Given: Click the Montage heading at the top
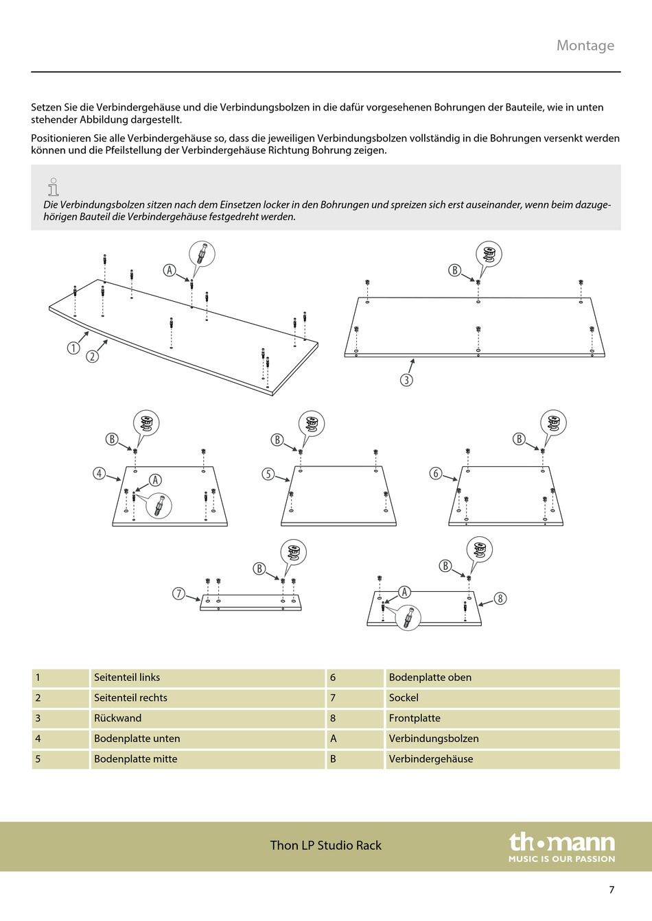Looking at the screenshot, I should coord(585,45).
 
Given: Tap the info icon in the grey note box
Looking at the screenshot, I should coord(53,186).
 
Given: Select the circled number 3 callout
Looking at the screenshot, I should coord(406,380).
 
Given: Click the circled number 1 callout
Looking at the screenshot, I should coord(73,348).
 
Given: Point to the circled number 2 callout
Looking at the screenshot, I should coord(92,357).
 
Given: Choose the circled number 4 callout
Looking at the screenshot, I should coord(100,473).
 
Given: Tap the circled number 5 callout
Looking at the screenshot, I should coord(268,474).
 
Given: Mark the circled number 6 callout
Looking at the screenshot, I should coord(436,473).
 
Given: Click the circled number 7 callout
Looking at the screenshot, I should coord(179,594).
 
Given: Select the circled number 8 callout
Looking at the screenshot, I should coord(500,599).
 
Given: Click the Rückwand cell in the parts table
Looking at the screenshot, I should coord(117,718).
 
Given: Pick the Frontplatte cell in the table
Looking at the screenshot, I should coord(415,718).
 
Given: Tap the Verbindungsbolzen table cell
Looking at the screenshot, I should coord(434,739).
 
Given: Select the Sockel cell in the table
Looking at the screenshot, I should coord(404,697).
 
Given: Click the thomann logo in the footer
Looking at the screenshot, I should coord(561,847).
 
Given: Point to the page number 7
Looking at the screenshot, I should coord(612,890).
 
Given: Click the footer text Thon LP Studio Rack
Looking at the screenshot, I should coord(325,846).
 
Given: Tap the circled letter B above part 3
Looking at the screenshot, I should coord(454,270).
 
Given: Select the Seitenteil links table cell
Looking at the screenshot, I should coord(127,678).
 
